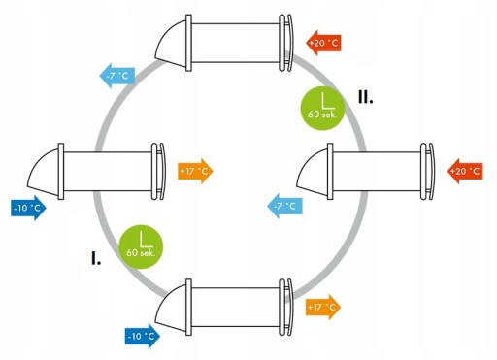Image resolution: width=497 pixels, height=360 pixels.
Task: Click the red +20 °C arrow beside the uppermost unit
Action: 323,43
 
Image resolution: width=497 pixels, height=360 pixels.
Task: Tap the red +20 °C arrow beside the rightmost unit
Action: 465,171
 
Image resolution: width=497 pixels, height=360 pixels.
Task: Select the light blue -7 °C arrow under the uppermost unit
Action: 116,76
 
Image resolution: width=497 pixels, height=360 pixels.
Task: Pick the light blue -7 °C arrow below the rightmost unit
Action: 284,206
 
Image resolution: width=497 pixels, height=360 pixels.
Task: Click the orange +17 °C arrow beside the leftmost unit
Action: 195,171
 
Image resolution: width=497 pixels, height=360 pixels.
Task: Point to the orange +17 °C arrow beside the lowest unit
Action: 323,307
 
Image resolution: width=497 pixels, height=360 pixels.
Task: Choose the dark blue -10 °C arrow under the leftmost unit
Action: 28,208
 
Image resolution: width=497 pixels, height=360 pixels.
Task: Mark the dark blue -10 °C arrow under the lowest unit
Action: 143,336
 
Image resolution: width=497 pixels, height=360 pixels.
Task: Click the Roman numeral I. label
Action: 96,258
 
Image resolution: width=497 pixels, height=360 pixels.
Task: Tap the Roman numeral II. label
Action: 366,97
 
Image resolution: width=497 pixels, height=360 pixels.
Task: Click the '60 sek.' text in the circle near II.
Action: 322,115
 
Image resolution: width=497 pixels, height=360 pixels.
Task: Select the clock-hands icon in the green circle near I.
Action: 146,240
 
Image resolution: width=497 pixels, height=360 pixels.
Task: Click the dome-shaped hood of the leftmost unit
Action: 44,173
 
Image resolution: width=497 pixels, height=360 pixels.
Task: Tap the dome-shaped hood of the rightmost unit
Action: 313,173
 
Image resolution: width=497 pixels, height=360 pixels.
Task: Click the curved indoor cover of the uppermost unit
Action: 289,43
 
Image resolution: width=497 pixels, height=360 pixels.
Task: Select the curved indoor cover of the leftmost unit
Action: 162,171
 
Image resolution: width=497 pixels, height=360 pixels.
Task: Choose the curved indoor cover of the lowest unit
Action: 289,307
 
